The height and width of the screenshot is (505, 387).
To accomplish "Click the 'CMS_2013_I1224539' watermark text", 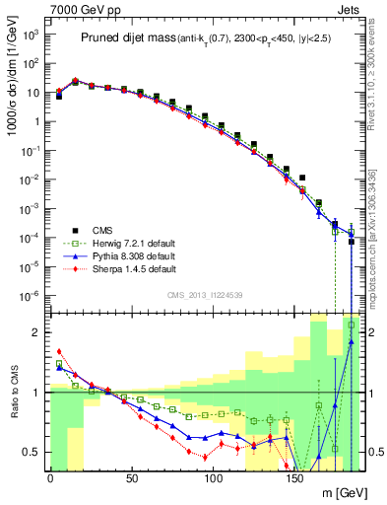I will tap(205, 293).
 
